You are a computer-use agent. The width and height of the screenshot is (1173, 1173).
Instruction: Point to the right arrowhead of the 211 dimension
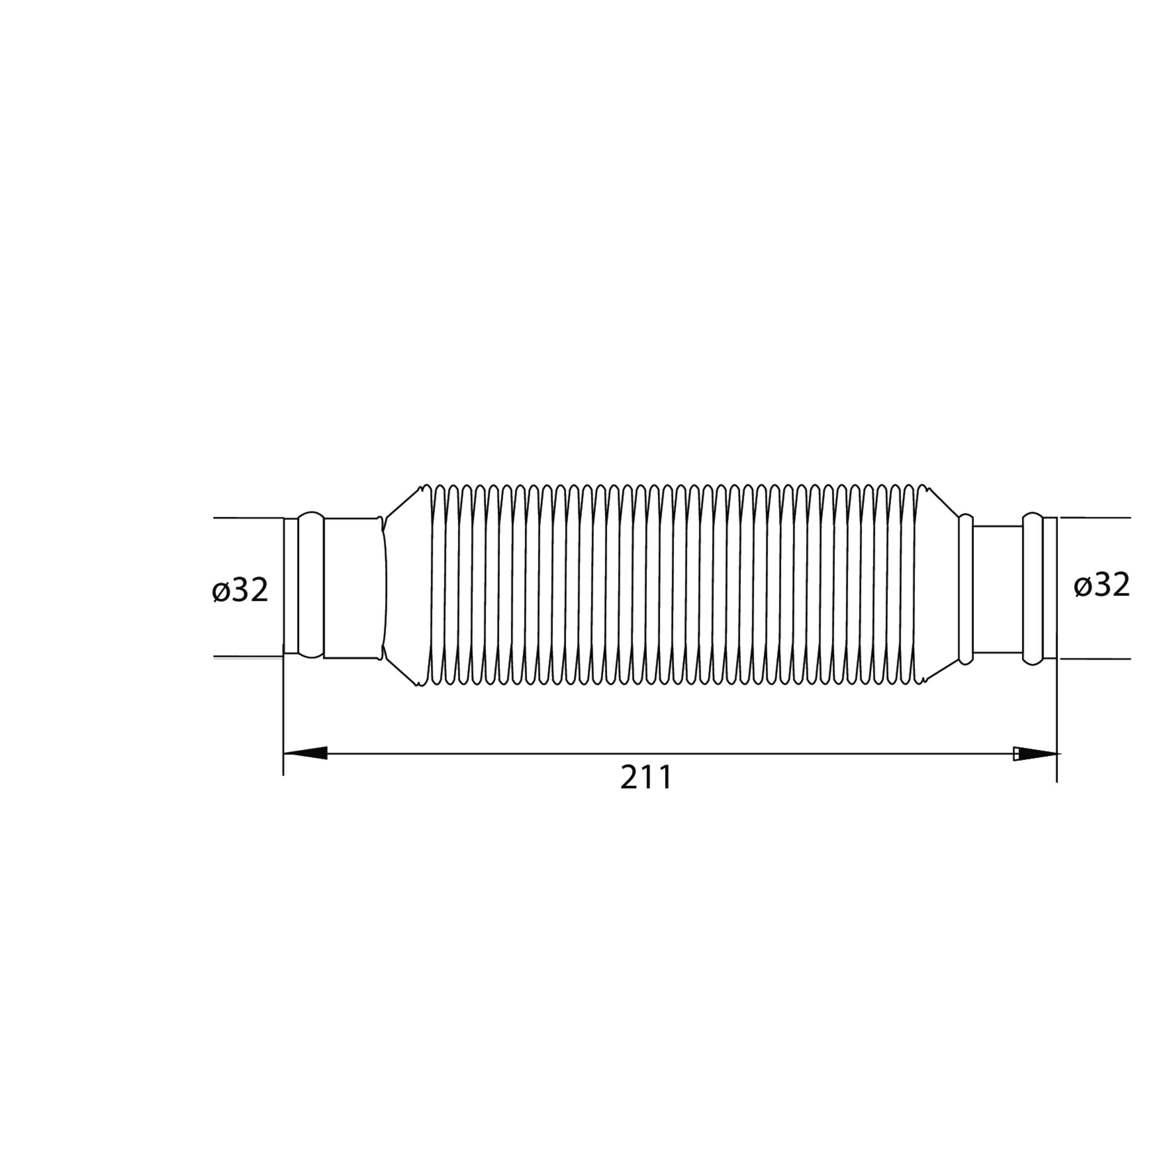click(1035, 753)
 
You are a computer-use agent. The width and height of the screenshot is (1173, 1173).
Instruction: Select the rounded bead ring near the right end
click(1032, 588)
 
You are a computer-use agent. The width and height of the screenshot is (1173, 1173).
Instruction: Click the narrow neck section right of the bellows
click(997, 588)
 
